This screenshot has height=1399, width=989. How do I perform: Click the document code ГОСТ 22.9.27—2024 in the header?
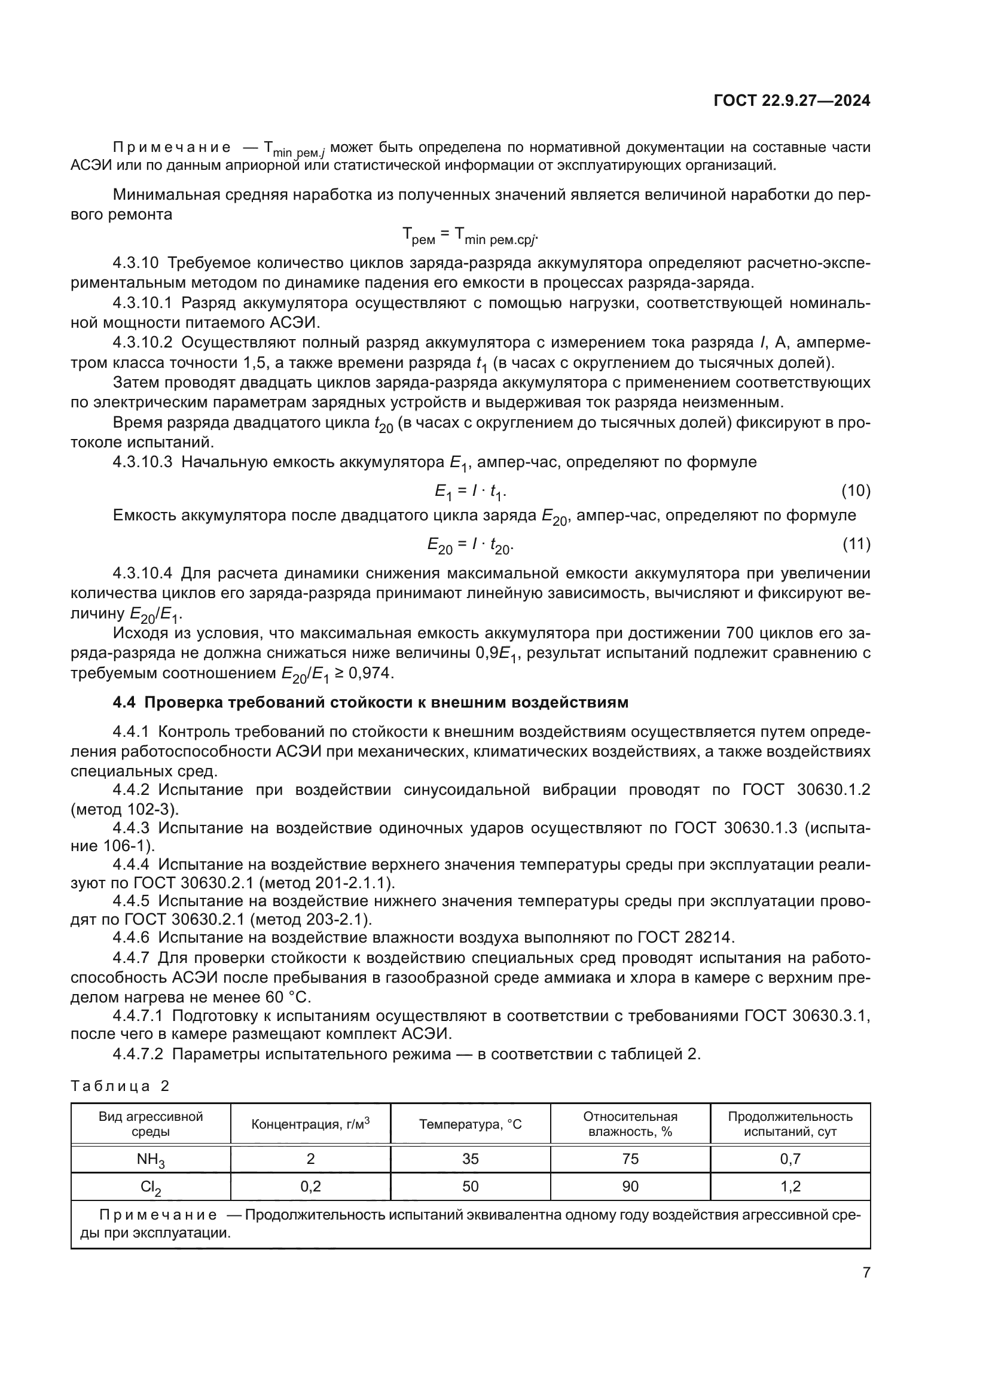click(792, 101)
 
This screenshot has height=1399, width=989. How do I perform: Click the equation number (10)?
click(856, 490)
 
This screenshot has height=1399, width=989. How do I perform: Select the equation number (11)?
click(856, 544)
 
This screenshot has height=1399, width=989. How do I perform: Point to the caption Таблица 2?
click(120, 1086)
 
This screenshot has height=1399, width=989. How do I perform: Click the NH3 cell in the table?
click(151, 1160)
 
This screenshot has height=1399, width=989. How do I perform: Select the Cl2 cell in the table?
click(151, 1187)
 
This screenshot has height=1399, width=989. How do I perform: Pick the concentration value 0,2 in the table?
click(310, 1185)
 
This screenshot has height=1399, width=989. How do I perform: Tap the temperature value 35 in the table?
click(470, 1159)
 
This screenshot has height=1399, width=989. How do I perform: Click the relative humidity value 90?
click(630, 1185)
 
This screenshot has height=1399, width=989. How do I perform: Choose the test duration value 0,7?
click(790, 1159)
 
